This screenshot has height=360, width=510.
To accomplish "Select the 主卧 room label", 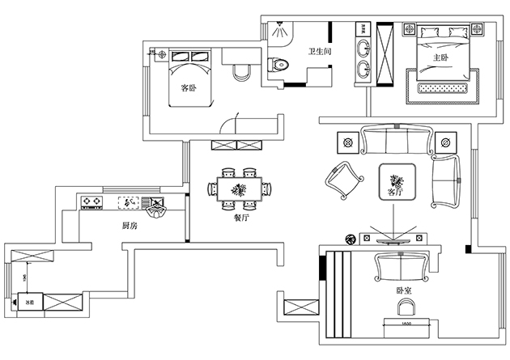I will (440, 58).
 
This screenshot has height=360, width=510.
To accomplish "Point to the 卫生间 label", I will (317, 53).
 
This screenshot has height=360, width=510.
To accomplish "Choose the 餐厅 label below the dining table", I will (240, 217).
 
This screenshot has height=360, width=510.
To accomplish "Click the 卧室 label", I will (404, 289).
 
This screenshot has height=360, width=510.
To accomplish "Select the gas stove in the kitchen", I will (92, 201).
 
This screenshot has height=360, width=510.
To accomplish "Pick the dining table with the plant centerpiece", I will (240, 190).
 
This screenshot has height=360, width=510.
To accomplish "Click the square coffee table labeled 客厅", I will (397, 182).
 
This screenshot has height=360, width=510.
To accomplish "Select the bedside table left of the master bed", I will (408, 31).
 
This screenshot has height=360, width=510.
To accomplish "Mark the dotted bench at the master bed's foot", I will (448, 87).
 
